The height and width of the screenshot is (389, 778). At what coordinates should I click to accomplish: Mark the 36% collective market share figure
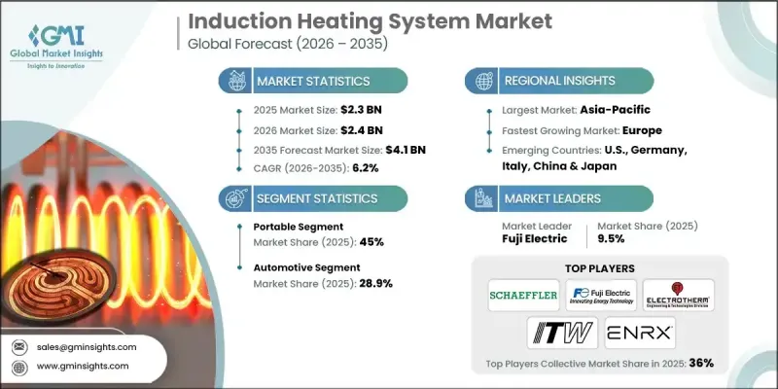(x=701, y=363)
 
